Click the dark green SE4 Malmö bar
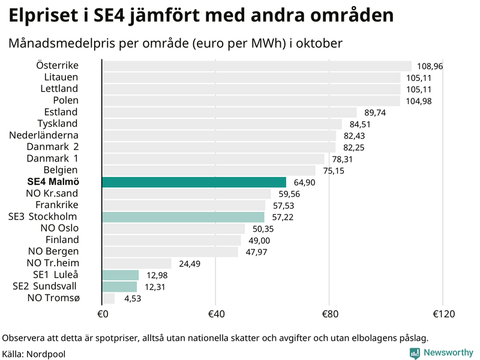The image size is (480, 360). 194,182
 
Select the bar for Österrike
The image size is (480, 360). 257,66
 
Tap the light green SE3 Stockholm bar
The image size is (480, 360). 183,217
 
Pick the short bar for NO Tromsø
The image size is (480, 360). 109,298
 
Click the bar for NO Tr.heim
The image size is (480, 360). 137,263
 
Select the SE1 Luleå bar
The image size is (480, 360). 121,275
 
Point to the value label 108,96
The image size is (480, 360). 430,66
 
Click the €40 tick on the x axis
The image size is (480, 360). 215,314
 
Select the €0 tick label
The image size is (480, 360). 102,314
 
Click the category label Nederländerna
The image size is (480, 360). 52,135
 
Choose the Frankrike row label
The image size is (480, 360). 56,205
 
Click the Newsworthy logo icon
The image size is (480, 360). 415,353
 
